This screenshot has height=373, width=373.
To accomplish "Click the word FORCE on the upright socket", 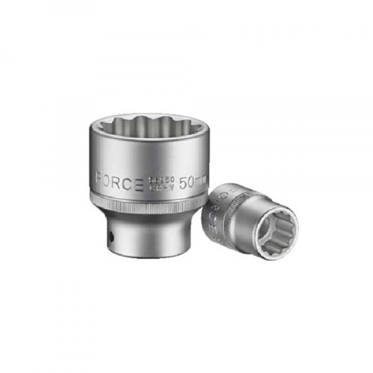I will point(120,181).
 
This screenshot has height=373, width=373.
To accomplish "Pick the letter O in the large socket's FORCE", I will point(109,181).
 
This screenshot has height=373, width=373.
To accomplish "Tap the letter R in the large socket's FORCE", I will point(120,181).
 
